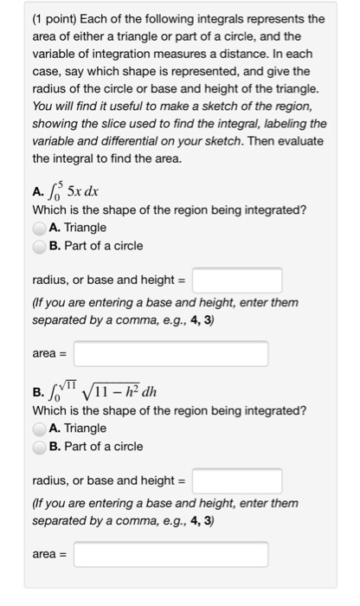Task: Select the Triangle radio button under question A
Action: [x=40, y=228]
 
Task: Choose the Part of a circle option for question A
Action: [x=40, y=246]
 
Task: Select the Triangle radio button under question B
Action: [x=40, y=429]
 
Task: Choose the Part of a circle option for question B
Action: [x=40, y=447]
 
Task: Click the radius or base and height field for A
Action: [x=237, y=280]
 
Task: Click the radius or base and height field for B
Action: [x=237, y=481]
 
